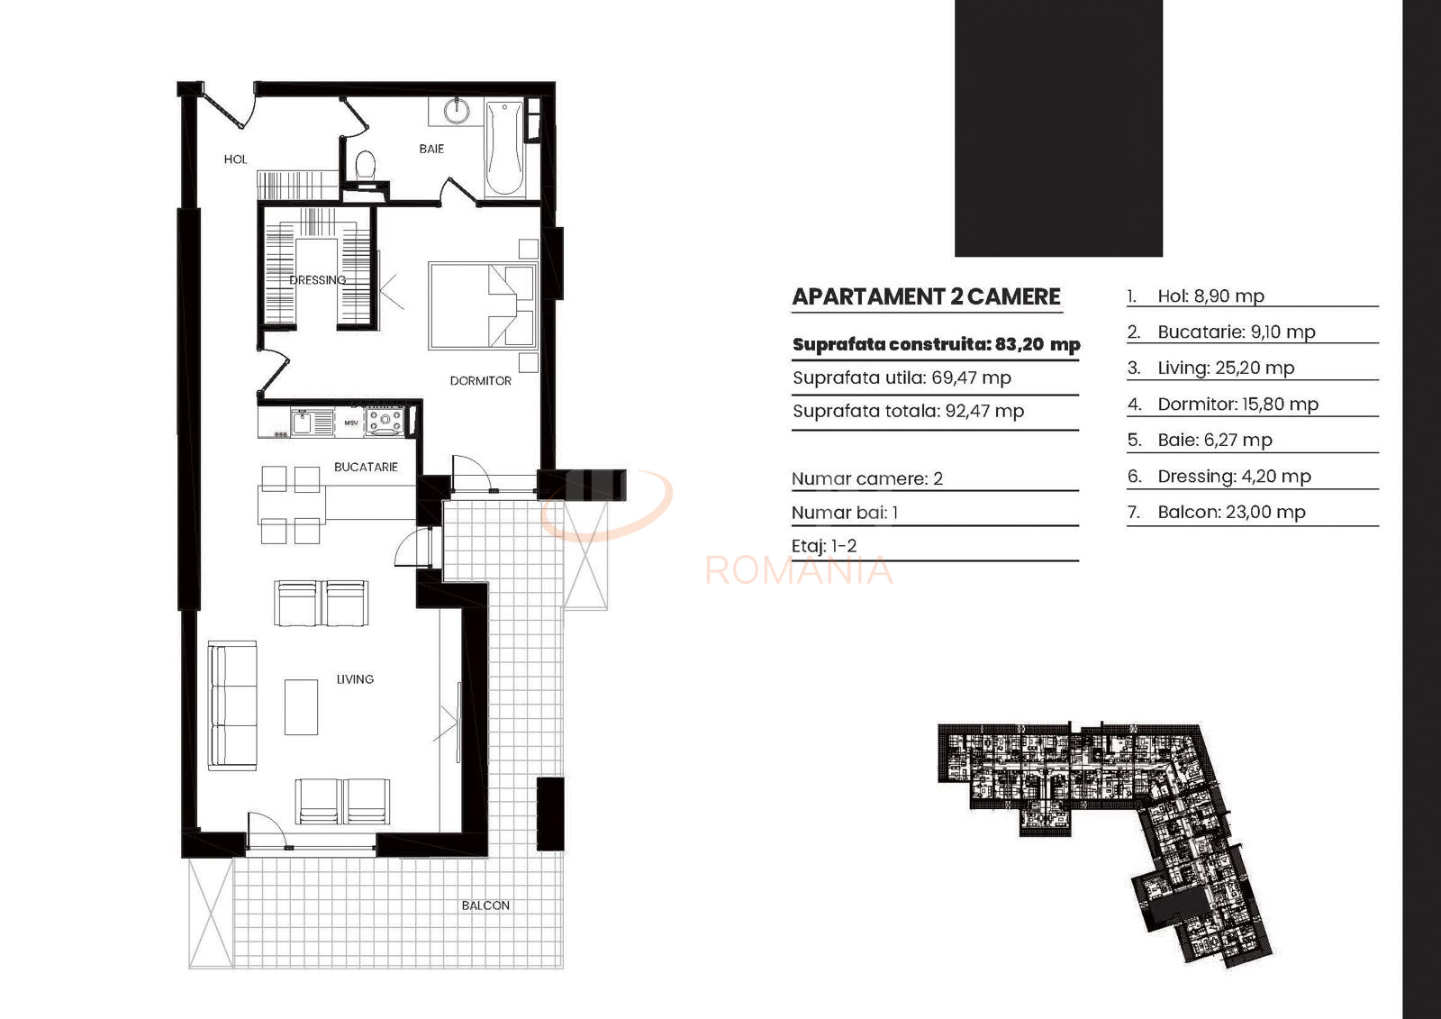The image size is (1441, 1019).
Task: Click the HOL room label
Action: (235, 159)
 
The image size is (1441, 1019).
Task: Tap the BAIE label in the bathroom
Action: (431, 149)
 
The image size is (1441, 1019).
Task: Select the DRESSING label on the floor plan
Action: (318, 280)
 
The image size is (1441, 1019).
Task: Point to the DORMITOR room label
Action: (481, 381)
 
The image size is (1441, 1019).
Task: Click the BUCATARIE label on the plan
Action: (366, 467)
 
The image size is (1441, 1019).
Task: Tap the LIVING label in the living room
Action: (355, 679)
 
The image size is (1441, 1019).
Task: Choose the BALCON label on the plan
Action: (485, 905)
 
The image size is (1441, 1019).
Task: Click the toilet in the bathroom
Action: (366, 165)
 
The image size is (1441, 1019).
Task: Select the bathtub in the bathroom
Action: (505, 148)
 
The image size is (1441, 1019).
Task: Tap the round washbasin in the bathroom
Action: (457, 110)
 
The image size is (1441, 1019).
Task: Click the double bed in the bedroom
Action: (483, 305)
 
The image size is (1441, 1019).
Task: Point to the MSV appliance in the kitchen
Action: (351, 423)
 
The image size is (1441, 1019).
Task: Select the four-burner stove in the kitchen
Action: (384, 422)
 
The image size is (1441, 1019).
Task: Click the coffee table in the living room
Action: (301, 706)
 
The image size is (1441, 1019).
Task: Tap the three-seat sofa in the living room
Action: (232, 705)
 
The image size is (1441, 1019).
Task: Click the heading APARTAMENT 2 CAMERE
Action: (927, 296)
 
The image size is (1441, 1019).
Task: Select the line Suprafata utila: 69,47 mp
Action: (902, 378)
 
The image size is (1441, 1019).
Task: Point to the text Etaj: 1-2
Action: (824, 546)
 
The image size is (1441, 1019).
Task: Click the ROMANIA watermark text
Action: (800, 570)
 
